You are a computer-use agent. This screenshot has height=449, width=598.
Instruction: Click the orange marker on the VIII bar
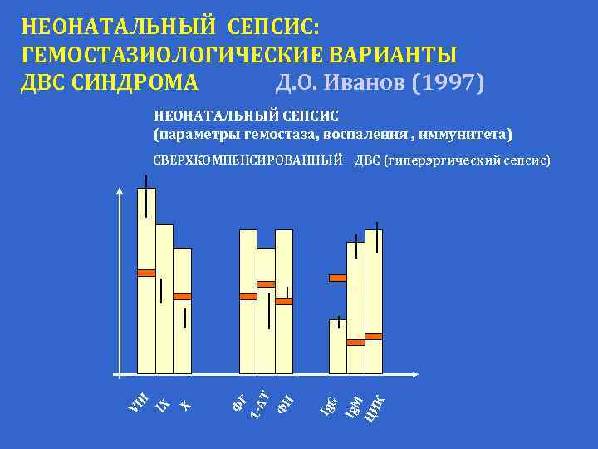tap(146, 273)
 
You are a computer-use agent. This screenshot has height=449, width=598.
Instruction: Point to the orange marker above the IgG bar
tap(337, 278)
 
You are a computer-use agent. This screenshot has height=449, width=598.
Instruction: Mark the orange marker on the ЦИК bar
tap(374, 337)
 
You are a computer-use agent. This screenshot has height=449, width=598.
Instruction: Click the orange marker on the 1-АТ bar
tap(266, 284)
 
